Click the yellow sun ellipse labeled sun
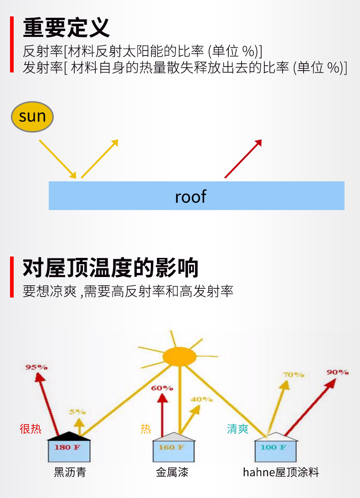point(32,117)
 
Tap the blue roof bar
point(196,196)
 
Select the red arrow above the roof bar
point(243,159)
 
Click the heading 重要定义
point(67,27)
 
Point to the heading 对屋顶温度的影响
point(111,268)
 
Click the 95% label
point(36,367)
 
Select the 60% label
point(162,388)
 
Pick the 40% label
point(201,399)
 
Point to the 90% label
point(337,372)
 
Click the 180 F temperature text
point(67,447)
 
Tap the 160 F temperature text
point(171,447)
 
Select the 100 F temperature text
point(273,447)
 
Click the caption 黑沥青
point(70,472)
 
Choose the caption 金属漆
point(172,472)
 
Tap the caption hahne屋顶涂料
point(281,472)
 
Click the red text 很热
point(31,429)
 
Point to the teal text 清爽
point(238,429)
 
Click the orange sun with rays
point(180,356)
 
